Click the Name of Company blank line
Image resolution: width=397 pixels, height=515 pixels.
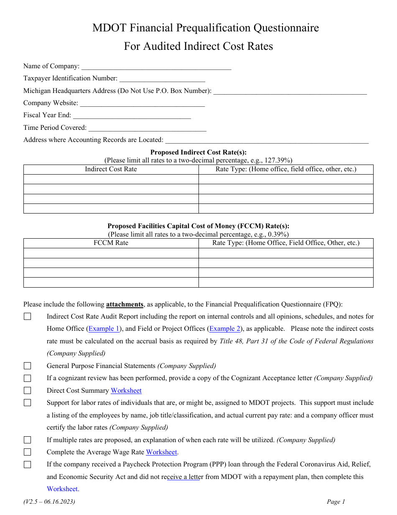click(156, 66)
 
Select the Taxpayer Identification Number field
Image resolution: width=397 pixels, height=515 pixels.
click(162, 78)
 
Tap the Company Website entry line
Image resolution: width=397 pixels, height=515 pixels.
click(142, 103)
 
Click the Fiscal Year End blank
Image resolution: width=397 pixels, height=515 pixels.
click(132, 115)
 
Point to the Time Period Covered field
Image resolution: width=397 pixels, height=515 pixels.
click(147, 128)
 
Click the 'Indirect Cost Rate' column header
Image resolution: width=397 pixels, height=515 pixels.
click(111, 169)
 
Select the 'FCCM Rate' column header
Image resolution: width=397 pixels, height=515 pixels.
click(111, 243)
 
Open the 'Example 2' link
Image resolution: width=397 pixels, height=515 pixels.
click(225, 329)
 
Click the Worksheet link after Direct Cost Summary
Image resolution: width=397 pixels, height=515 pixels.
click(126, 391)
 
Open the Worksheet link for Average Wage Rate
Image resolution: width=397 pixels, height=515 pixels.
click(162, 452)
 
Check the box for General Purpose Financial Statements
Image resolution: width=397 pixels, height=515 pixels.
click(28, 366)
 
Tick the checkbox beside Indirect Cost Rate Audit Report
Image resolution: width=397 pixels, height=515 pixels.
click(28, 317)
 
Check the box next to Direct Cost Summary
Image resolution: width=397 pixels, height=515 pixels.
click(28, 391)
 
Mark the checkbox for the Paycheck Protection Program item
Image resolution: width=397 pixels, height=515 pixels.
click(28, 464)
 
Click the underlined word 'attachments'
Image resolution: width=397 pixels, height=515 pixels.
click(125, 304)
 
